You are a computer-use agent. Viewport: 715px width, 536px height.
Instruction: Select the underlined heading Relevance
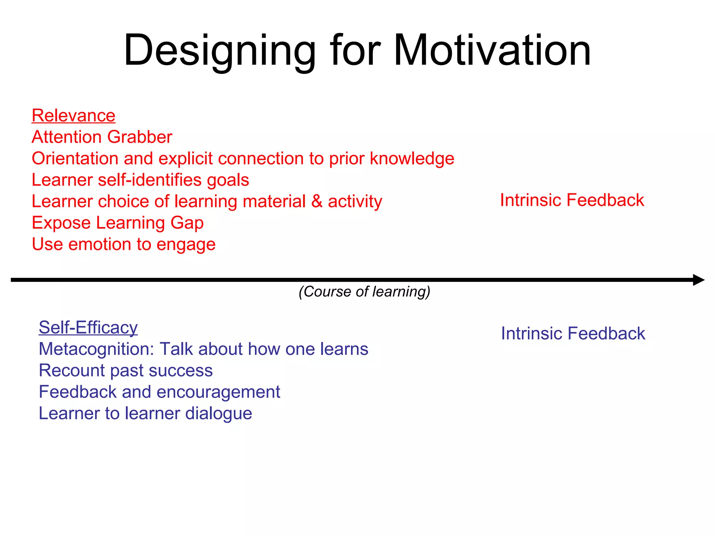pyautogui.click(x=73, y=116)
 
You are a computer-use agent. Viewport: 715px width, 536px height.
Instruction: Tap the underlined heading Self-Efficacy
pyautogui.click(x=88, y=327)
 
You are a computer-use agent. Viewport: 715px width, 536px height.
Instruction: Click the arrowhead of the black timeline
pyautogui.click(x=698, y=280)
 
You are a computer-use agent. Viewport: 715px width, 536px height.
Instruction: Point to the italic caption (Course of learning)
pyautogui.click(x=364, y=291)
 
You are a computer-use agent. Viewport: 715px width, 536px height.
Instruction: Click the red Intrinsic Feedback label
pyautogui.click(x=572, y=200)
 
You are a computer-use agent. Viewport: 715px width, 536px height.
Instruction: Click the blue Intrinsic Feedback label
pyautogui.click(x=573, y=333)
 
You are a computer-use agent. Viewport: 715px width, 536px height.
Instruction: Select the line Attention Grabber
pyautogui.click(x=102, y=137)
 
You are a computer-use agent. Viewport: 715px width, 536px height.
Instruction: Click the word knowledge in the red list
pyautogui.click(x=412, y=158)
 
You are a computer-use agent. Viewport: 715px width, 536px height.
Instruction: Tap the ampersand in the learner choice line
pyautogui.click(x=317, y=201)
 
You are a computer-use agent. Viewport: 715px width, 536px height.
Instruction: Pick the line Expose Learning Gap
pyautogui.click(x=118, y=223)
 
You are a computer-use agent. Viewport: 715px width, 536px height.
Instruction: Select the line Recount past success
pyautogui.click(x=126, y=370)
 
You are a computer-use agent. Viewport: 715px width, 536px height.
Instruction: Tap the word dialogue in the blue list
pyautogui.click(x=219, y=414)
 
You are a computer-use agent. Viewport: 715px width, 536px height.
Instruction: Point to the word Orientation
pyautogui.click(x=75, y=158)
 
